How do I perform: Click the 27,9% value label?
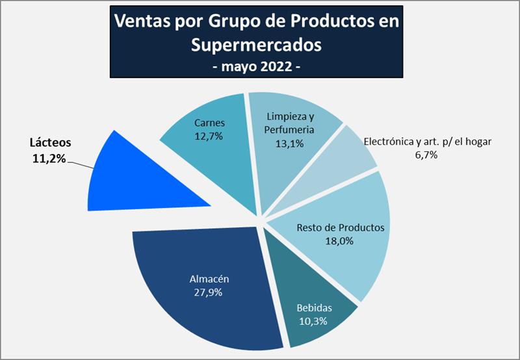[x=208, y=292]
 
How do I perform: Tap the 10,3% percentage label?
[x=313, y=321]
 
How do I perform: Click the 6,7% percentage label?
[x=427, y=155]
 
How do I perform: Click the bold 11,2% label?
[x=48, y=158]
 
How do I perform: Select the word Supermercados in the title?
[x=257, y=44]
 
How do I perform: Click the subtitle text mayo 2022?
[x=257, y=66]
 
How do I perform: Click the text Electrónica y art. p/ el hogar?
[x=427, y=141]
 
